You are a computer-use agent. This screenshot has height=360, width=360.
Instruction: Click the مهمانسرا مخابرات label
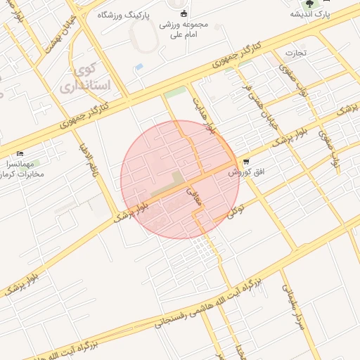tap(25, 167)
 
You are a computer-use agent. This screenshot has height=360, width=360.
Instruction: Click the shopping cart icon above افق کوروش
tap(245, 162)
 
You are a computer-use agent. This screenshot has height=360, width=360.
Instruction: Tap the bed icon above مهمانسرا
tap(20, 153)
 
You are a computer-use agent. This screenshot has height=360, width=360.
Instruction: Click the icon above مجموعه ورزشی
tap(184, 12)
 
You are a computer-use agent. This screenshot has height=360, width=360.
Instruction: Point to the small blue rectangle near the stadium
tap(139, 67)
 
